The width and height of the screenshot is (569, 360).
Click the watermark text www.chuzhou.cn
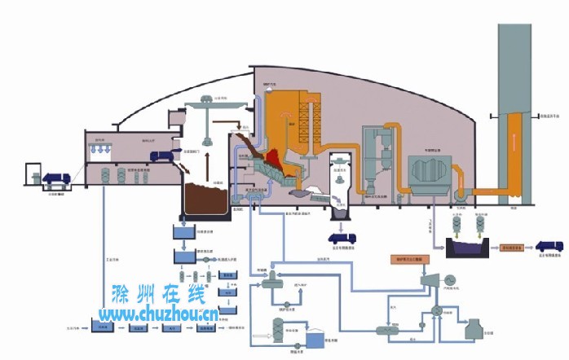pos(158,314)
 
